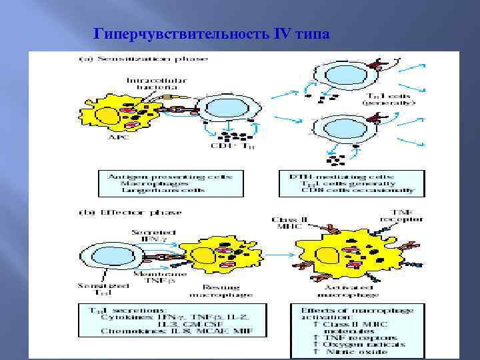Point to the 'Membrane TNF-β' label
tap(158, 277)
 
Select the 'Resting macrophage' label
tap(212, 289)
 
